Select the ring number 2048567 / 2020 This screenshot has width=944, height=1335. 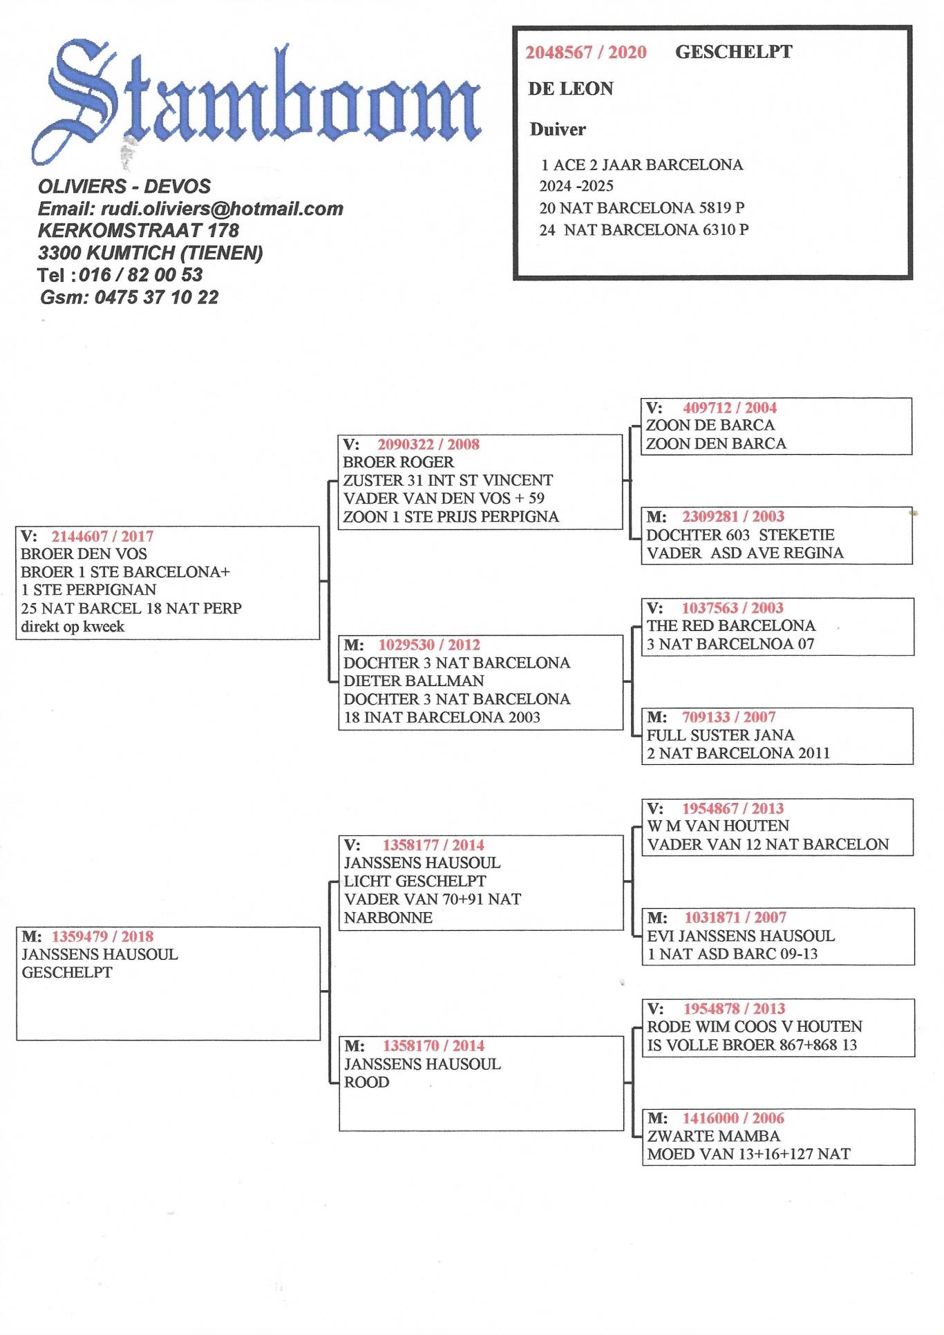(586, 53)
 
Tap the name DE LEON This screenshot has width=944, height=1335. (571, 89)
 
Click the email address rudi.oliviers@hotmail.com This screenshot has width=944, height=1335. (222, 209)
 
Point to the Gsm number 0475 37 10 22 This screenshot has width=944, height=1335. (156, 298)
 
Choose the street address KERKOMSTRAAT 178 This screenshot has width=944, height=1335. (138, 230)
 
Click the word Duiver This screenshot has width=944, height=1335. (558, 129)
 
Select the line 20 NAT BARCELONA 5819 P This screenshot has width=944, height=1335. (642, 208)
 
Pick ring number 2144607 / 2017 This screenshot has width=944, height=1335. (102, 536)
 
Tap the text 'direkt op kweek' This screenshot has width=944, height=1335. (73, 627)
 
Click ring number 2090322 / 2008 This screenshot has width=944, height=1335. (428, 444)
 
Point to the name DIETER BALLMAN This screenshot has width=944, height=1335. (414, 681)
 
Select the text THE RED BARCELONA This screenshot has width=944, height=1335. (731, 626)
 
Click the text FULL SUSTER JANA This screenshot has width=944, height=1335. (721, 735)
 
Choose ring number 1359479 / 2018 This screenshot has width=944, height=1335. (102, 937)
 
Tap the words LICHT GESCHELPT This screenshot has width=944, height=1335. (415, 882)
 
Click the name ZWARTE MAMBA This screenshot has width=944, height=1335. (714, 1136)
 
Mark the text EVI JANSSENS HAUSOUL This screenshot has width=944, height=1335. (741, 936)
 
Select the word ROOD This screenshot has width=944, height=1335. (366, 1083)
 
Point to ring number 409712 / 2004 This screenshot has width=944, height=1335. (730, 408)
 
